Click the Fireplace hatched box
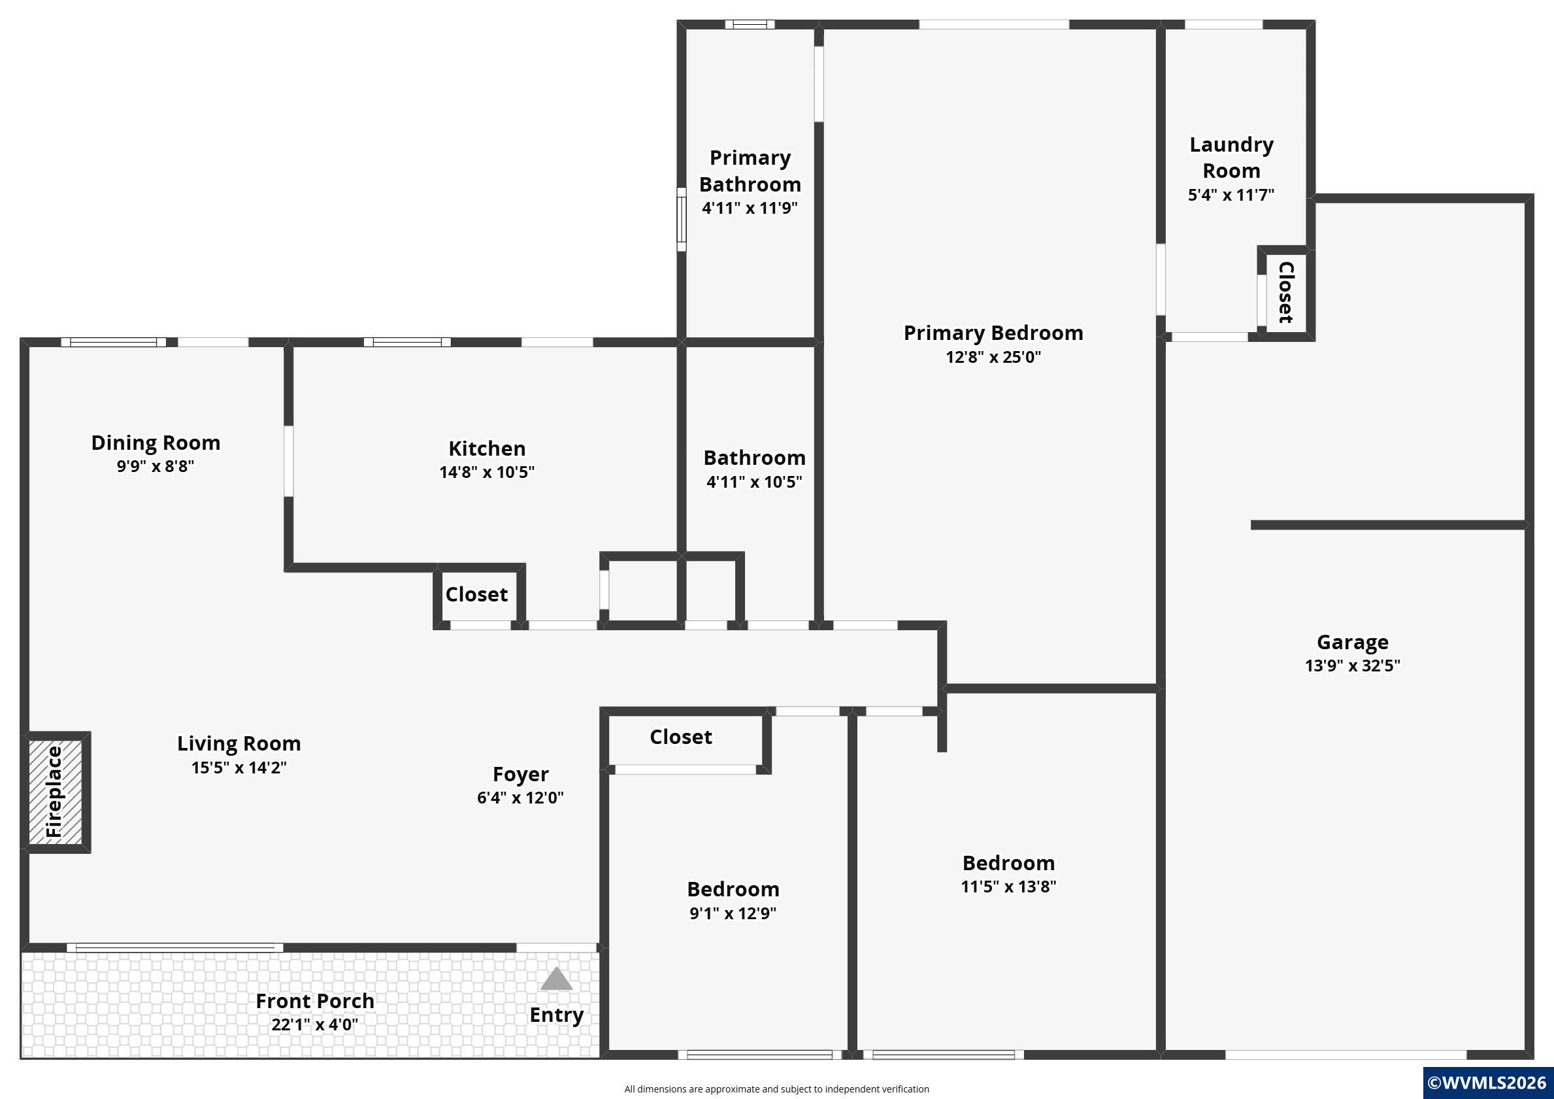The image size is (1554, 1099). pos(56,792)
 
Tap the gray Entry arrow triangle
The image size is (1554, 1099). pos(556,979)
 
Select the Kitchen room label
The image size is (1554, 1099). pos(487,448)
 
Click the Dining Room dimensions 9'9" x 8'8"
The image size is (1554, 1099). pos(155,466)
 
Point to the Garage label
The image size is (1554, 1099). pos(1352,642)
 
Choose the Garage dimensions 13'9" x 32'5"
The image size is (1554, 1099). pos(1352,665)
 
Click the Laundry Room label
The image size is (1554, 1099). pos(1231,157)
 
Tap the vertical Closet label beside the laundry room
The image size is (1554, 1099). pos(1285,292)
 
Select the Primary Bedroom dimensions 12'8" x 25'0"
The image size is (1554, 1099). pos(993,356)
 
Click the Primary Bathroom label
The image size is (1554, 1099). pos(750,171)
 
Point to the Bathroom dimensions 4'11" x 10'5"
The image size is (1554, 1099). pos(754,481)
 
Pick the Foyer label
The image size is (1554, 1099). pos(520,774)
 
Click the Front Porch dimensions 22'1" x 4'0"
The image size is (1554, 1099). pos(315,1024)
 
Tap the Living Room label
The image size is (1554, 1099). pos(239,743)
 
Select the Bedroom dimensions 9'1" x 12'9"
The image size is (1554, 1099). pos(733,913)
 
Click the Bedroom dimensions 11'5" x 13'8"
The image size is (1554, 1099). pos(1008,887)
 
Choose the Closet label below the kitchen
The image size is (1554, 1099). pos(476,594)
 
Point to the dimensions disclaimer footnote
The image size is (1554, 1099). pos(776,1089)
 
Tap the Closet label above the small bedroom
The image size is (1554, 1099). pos(681,737)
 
